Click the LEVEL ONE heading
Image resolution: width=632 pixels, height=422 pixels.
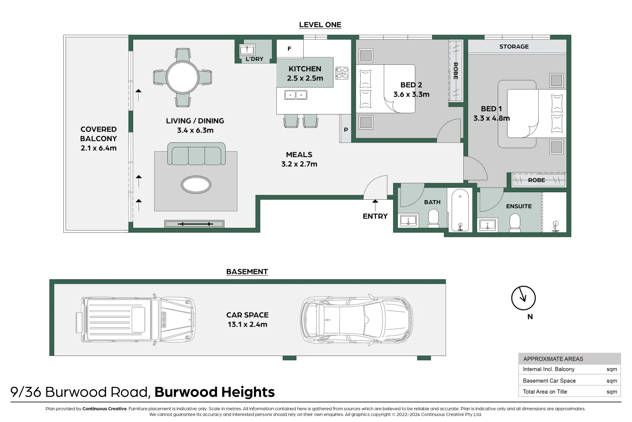click(x=320, y=25)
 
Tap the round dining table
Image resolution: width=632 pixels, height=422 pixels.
click(x=182, y=77)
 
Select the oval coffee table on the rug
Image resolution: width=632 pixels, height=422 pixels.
click(x=196, y=184)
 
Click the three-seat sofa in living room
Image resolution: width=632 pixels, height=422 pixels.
click(x=196, y=154)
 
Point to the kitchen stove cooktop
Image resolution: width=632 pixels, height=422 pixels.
click(x=342, y=73)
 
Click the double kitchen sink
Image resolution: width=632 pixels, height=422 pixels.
click(x=296, y=95)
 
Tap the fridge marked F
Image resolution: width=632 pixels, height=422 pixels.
click(x=290, y=49)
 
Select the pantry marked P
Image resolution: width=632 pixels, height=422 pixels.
click(x=345, y=129)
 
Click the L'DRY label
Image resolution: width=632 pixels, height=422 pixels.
click(x=254, y=59)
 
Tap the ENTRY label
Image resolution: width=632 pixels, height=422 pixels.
click(x=375, y=216)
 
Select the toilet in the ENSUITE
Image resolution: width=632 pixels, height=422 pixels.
click(x=515, y=224)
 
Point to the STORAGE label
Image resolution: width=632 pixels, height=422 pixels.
click(x=514, y=46)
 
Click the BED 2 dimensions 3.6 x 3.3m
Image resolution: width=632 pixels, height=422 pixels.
click(x=411, y=94)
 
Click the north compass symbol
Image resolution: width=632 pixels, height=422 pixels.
click(x=523, y=298)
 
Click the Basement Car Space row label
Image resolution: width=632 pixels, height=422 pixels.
click(x=549, y=381)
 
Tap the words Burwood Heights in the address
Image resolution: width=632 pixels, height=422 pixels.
click(x=214, y=392)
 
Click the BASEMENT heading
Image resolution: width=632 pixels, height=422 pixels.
click(x=247, y=272)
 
